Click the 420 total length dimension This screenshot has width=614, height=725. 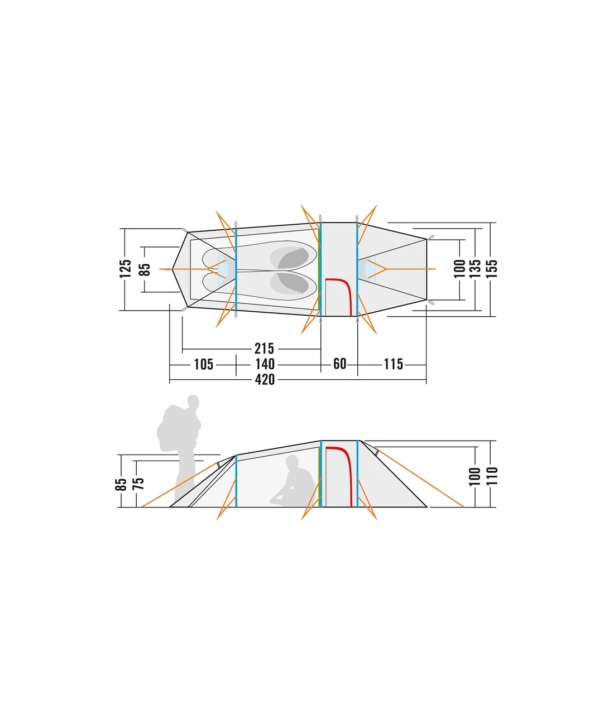[x=265, y=380]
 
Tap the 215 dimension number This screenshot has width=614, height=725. [x=264, y=349]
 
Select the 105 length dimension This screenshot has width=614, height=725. [x=204, y=364]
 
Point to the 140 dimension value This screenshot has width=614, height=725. [x=265, y=364]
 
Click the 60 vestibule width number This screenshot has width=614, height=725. [x=339, y=364]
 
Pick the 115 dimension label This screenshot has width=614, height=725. [x=393, y=364]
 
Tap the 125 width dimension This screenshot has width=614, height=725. [x=126, y=269]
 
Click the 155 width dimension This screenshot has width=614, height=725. [x=492, y=269]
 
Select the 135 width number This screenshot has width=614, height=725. [x=475, y=269]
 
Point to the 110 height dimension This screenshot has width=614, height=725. [x=492, y=476]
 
